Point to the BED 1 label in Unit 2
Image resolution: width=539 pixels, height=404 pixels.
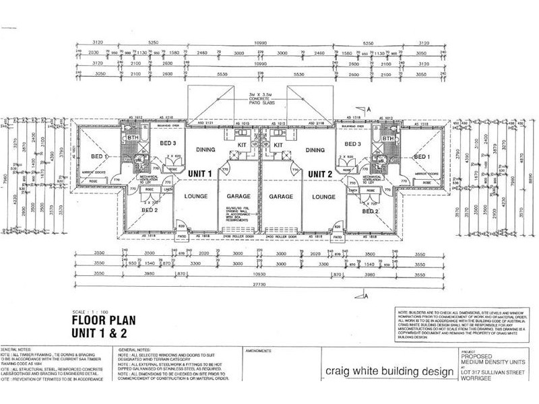pyautogui.click(x=422, y=156)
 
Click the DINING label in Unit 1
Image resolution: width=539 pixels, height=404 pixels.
pyautogui.click(x=204, y=149)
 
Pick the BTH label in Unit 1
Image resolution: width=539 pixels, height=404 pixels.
pyautogui.click(x=131, y=139)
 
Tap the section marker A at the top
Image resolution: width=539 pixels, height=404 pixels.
pyautogui.click(x=370, y=108)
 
